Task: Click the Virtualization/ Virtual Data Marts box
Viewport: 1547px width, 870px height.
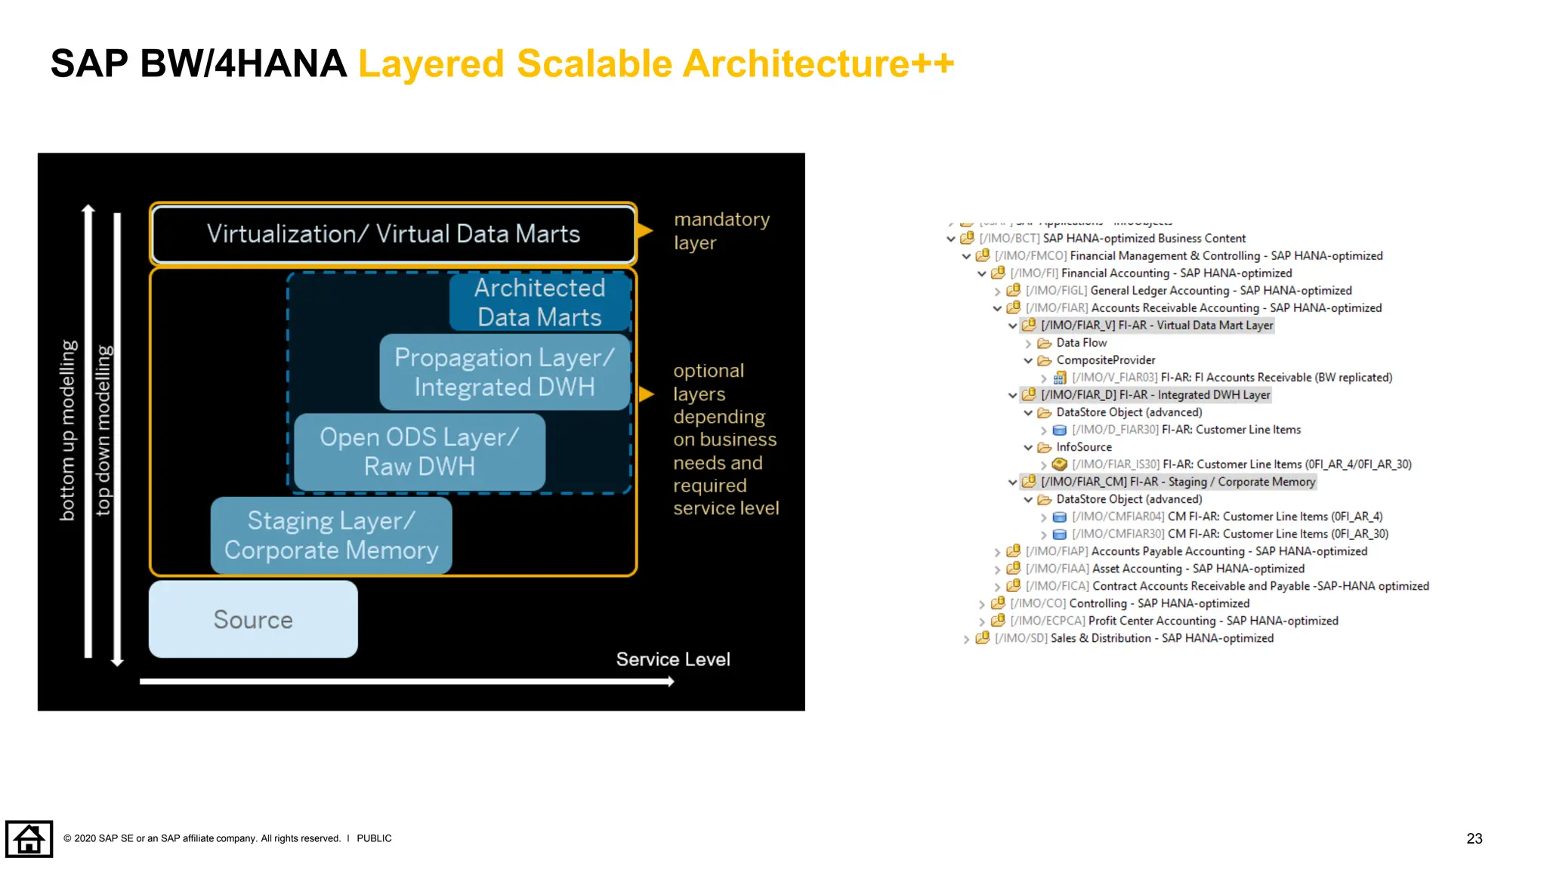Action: (x=393, y=234)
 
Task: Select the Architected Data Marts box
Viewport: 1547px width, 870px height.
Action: (x=539, y=302)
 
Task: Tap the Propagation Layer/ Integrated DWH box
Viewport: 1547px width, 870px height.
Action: (x=504, y=372)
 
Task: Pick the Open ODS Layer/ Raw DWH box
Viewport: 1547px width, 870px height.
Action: (x=419, y=452)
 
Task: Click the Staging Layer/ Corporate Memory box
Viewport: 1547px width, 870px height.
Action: (x=331, y=535)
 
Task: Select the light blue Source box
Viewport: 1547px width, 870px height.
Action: (x=253, y=619)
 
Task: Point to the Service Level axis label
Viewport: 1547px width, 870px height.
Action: (x=673, y=659)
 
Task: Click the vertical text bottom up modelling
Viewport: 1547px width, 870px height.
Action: (x=68, y=430)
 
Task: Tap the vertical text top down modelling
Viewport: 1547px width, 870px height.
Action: (x=103, y=430)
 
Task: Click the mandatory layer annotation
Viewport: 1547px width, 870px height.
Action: (x=721, y=231)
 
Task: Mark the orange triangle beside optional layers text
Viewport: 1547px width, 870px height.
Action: (x=647, y=394)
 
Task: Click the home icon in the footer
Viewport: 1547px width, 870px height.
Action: (x=29, y=838)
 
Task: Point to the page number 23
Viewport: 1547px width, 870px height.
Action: (x=1474, y=838)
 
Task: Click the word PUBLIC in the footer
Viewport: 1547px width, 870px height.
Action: (x=374, y=838)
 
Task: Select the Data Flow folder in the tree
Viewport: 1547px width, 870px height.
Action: (x=1081, y=343)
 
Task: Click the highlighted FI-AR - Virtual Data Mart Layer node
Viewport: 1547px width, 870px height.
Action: (x=1156, y=325)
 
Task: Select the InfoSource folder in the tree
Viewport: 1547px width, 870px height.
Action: (x=1083, y=447)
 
